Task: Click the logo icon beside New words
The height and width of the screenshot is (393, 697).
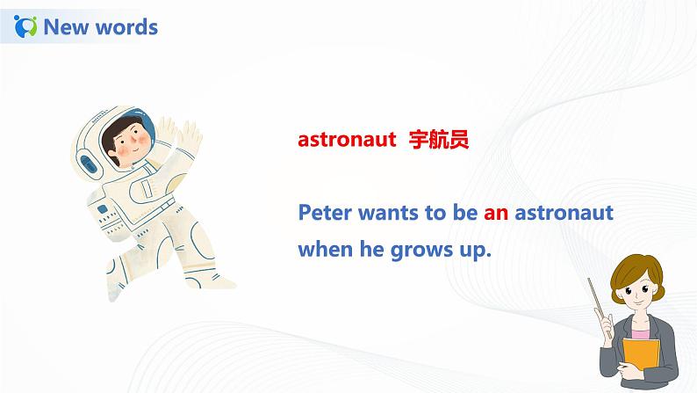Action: [x=26, y=26]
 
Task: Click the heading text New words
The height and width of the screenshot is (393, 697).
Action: [x=100, y=27]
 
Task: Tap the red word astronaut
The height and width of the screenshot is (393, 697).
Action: [x=348, y=140]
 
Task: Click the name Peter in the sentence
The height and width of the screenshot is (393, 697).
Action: [x=326, y=213]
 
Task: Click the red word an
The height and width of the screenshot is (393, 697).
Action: [x=496, y=213]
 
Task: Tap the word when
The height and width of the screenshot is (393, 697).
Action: [x=325, y=250]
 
